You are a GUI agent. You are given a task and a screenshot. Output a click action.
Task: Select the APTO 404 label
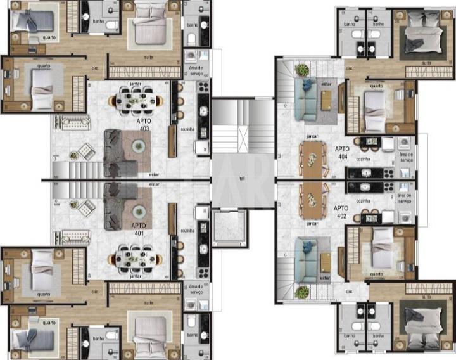(x=343, y=152)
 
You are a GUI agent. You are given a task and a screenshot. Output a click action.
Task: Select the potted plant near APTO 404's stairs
(x=303, y=69)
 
